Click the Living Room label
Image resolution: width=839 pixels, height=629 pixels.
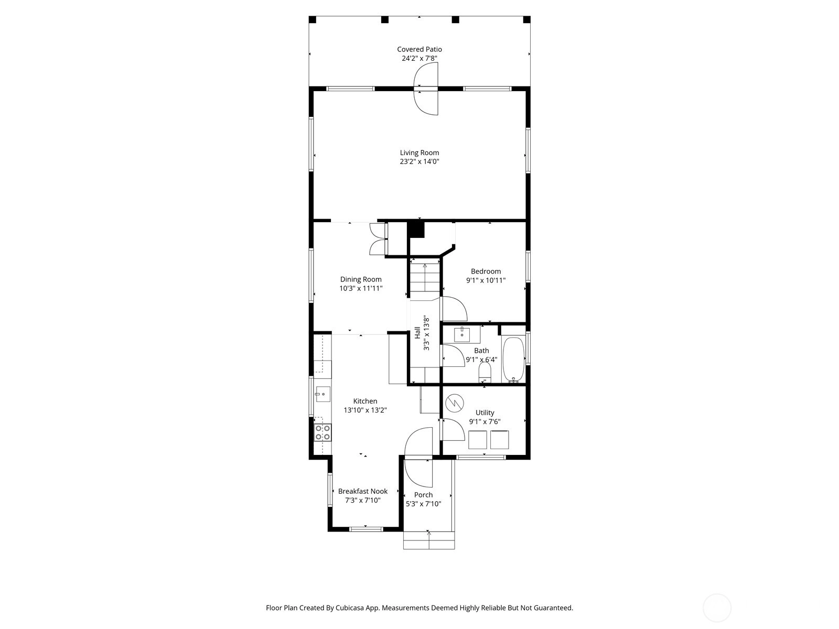pyautogui.click(x=419, y=153)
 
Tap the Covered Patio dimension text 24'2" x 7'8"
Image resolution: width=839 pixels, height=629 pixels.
pyautogui.click(x=419, y=58)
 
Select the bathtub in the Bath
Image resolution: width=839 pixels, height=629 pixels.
pyautogui.click(x=513, y=360)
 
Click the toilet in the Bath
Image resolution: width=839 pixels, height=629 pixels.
pyautogui.click(x=485, y=372)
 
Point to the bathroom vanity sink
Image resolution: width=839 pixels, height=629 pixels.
pyautogui.click(x=462, y=334)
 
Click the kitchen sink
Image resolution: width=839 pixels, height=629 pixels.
pyautogui.click(x=322, y=394)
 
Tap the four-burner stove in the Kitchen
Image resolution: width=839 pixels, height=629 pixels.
pyautogui.click(x=322, y=432)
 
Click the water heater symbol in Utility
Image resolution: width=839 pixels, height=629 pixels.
pyautogui.click(x=455, y=403)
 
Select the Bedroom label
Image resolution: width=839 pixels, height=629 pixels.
pyautogui.click(x=486, y=272)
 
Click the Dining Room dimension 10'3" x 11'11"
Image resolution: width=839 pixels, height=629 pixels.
pyautogui.click(x=361, y=288)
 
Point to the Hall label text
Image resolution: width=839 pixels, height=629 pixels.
pyautogui.click(x=417, y=333)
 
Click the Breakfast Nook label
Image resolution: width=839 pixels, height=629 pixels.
pyautogui.click(x=363, y=492)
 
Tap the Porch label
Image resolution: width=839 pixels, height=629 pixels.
pyautogui.click(x=424, y=495)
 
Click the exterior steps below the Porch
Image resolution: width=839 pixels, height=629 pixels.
pyautogui.click(x=429, y=541)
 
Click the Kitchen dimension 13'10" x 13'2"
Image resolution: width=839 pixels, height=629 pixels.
pyautogui.click(x=365, y=410)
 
